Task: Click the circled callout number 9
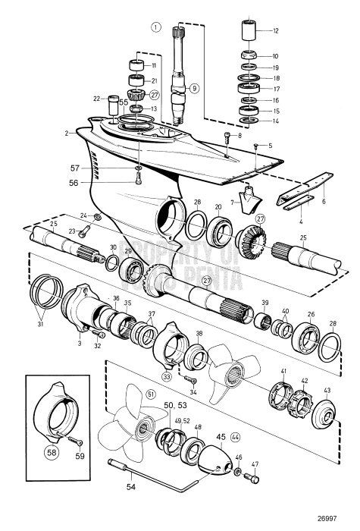click(x=194, y=88)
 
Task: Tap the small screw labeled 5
click(x=257, y=145)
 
